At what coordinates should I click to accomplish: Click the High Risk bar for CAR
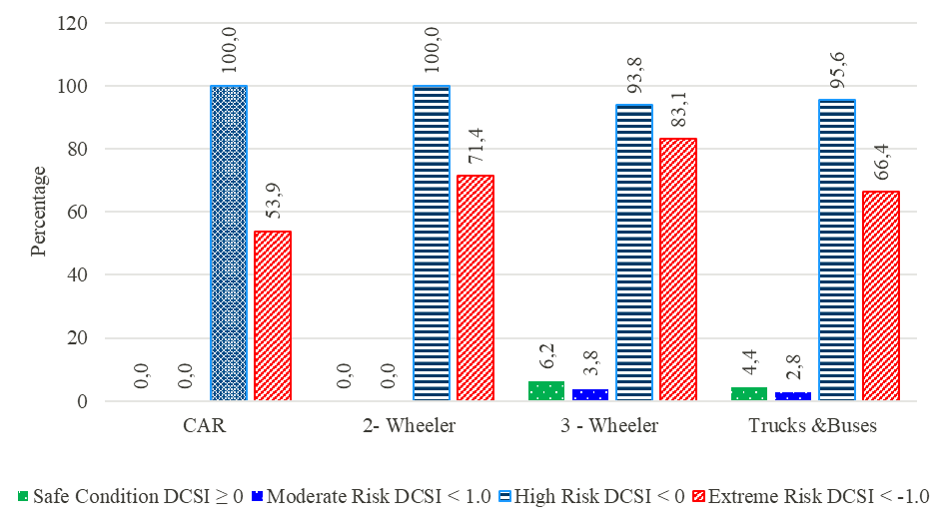(x=229, y=244)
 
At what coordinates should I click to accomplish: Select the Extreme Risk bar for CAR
(x=273, y=315)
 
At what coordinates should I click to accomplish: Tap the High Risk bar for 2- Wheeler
(x=432, y=244)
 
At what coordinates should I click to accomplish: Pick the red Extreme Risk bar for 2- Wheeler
(x=475, y=288)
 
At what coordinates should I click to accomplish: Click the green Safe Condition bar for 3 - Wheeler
(x=546, y=391)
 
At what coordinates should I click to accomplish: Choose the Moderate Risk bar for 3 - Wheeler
(x=590, y=394)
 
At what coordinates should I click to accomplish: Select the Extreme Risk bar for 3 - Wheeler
(x=678, y=269)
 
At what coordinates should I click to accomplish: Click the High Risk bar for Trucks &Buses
(x=837, y=250)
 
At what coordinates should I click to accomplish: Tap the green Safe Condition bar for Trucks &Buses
(x=749, y=394)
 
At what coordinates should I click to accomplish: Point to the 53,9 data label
(x=274, y=202)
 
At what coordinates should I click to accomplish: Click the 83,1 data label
(x=678, y=109)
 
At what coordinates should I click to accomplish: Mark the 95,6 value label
(x=837, y=70)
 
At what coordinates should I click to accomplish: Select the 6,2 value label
(x=546, y=356)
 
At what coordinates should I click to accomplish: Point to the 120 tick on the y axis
(x=73, y=23)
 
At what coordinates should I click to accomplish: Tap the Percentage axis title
(x=38, y=212)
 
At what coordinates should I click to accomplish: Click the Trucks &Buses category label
(x=812, y=426)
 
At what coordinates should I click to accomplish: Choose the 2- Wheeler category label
(x=409, y=426)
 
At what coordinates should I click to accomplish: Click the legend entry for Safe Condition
(x=131, y=496)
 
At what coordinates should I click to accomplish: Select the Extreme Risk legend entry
(x=810, y=496)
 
